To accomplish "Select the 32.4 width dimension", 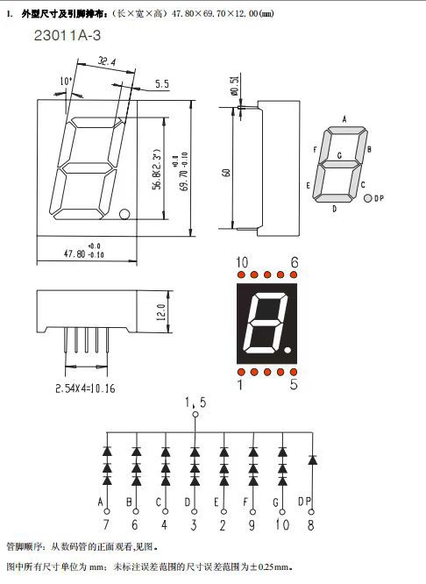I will (108, 62).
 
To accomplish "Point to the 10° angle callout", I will (66, 82).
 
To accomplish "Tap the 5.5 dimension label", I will (162, 84).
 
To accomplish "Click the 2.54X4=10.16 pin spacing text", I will (85, 387).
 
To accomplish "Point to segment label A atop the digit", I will (344, 118).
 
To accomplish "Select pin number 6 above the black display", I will (294, 262).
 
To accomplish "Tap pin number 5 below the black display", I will (293, 383).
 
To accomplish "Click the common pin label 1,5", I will (195, 402).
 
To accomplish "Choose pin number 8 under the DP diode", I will (311, 526).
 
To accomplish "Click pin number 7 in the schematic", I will (105, 526).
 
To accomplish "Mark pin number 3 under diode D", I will (195, 526).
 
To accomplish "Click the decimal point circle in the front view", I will (125, 214).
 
